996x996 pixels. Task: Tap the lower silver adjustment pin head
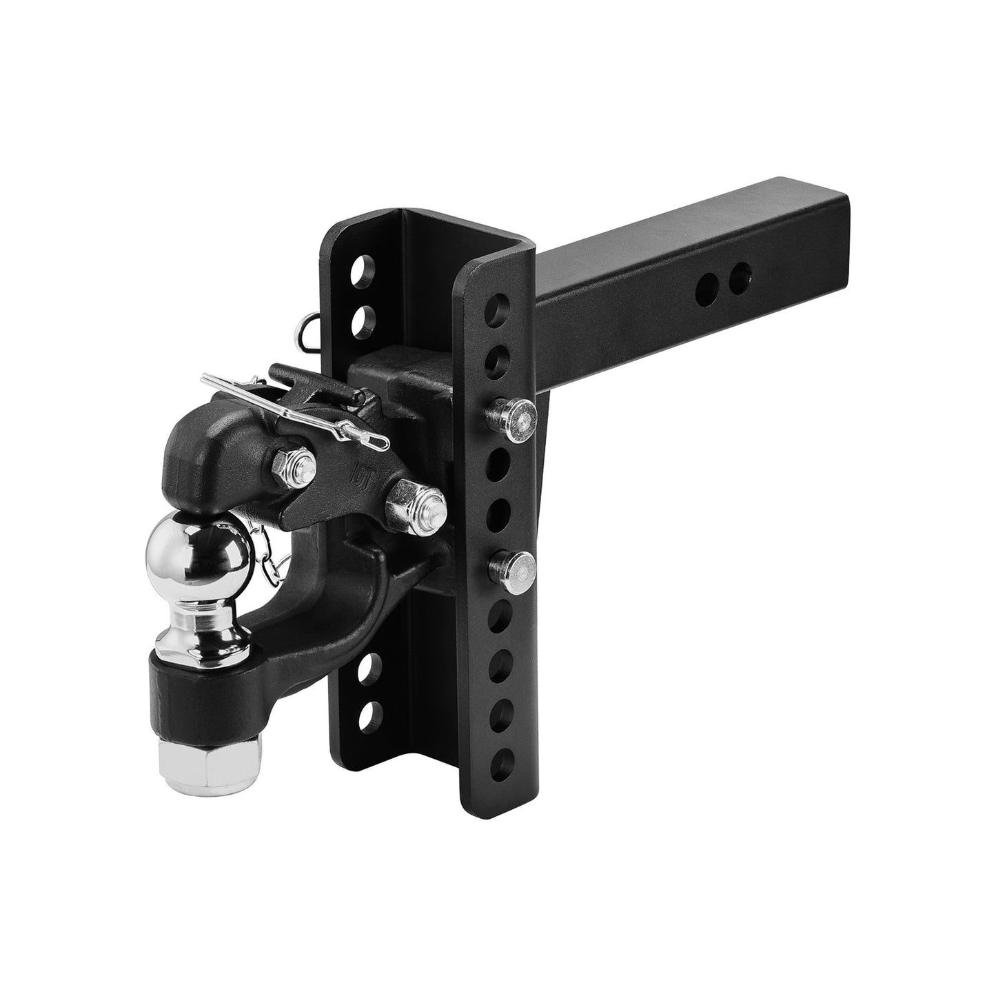point(514,565)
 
